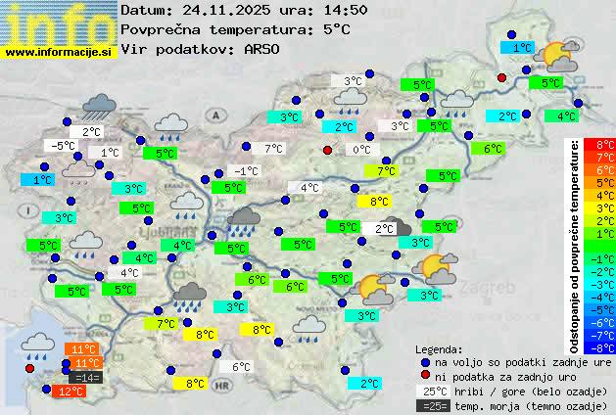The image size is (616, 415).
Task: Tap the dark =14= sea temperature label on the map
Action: tap(86, 377)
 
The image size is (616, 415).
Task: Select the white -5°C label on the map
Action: tap(63, 146)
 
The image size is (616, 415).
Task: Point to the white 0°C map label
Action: tap(361, 149)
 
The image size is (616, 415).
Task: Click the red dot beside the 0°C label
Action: tap(328, 150)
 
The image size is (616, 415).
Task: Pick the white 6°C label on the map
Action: tap(240, 367)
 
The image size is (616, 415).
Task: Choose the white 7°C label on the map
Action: tap(273, 149)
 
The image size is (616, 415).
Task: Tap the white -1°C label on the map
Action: tap(246, 170)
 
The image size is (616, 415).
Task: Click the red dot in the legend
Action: tap(425, 376)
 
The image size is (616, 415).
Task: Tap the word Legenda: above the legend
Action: tap(440, 348)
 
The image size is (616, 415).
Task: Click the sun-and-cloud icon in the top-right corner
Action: tap(560, 55)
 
